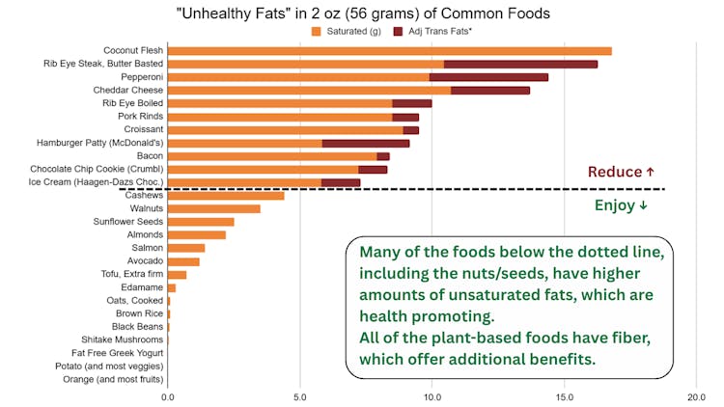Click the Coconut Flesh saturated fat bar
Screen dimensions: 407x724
pyautogui.click(x=389, y=50)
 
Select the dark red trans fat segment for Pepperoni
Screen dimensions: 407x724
pyautogui.click(x=488, y=76)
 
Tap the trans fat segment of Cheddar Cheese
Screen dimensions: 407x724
pyautogui.click(x=490, y=90)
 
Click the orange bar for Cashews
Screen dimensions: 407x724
pyautogui.click(x=226, y=195)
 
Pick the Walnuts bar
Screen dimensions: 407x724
pyautogui.click(x=213, y=208)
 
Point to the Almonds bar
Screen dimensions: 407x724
pyautogui.click(x=196, y=234)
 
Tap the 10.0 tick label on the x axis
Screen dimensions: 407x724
pyautogui.click(x=432, y=396)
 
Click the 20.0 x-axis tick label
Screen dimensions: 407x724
pyautogui.click(x=696, y=396)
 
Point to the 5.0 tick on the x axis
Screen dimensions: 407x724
pyautogui.click(x=299, y=396)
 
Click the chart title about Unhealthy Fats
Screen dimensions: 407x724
pyautogui.click(x=362, y=13)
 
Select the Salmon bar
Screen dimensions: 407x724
pyautogui.click(x=185, y=248)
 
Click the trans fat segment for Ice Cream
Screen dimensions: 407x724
pyautogui.click(x=341, y=181)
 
